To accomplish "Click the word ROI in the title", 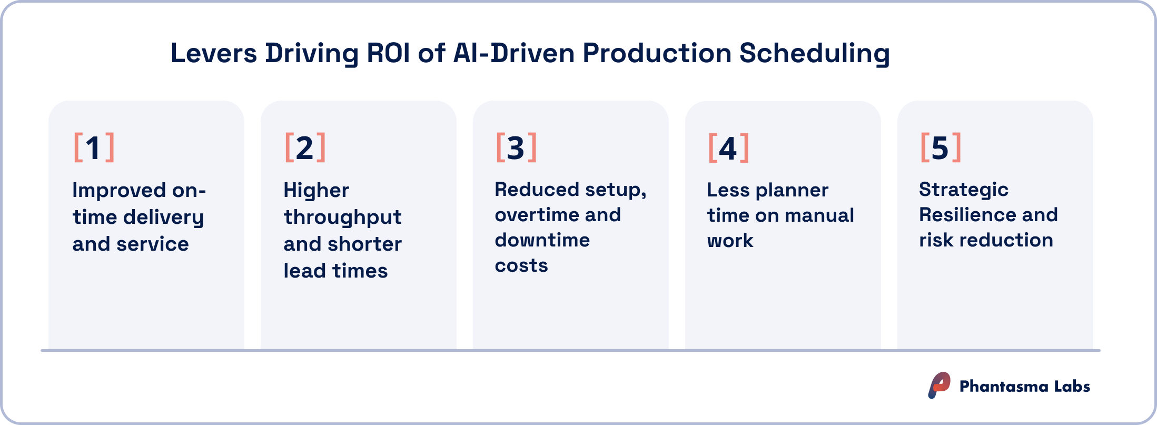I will (388, 53).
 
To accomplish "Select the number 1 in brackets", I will (93, 148).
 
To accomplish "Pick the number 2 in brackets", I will (305, 148).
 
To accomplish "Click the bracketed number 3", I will (516, 148).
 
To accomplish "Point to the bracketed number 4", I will (728, 149).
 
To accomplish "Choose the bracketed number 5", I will (940, 148).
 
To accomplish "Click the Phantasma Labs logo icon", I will (939, 386).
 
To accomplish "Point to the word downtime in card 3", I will (542, 240).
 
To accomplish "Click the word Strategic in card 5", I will (963, 190).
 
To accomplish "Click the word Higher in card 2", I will (316, 190).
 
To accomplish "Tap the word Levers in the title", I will (214, 53).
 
